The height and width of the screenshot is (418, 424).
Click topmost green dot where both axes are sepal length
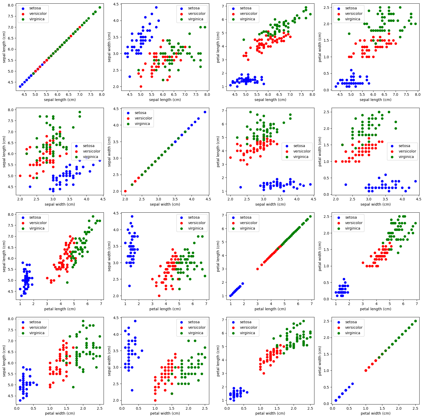(x=100, y=7)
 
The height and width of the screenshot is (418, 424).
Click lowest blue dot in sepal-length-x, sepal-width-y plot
(x=130, y=77)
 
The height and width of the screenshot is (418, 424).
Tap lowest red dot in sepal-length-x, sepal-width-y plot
(x=141, y=86)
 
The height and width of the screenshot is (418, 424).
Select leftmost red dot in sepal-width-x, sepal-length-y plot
(x=20, y=176)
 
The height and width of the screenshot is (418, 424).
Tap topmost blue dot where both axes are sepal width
(x=205, y=112)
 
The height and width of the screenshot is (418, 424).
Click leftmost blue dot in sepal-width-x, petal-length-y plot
(x=241, y=187)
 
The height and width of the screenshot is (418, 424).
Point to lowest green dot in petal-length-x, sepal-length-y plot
(x=67, y=282)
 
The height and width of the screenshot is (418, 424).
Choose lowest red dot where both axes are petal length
(x=257, y=269)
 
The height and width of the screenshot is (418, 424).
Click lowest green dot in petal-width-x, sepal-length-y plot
(x=73, y=387)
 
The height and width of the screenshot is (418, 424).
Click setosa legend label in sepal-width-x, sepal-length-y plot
(x=88, y=146)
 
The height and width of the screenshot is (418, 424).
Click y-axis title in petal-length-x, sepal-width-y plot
(x=110, y=256)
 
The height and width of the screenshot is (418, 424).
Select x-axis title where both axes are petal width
(x=375, y=413)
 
